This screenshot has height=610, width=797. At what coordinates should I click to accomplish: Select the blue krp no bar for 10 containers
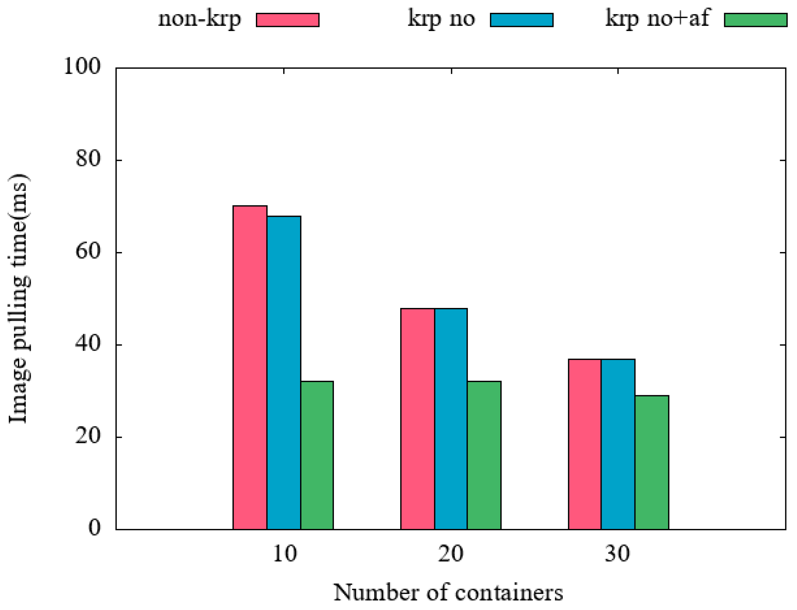[284, 372]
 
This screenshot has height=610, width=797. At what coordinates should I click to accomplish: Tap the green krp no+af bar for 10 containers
[317, 455]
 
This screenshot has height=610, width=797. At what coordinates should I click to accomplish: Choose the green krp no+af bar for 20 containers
[484, 455]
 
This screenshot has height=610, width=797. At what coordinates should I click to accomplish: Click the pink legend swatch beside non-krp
[288, 20]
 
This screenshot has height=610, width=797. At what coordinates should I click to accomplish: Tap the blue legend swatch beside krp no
[521, 20]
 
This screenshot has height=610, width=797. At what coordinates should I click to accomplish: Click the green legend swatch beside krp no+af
[755, 20]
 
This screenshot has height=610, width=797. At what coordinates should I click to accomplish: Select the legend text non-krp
[199, 19]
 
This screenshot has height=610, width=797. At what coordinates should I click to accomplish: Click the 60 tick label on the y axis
[88, 251]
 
